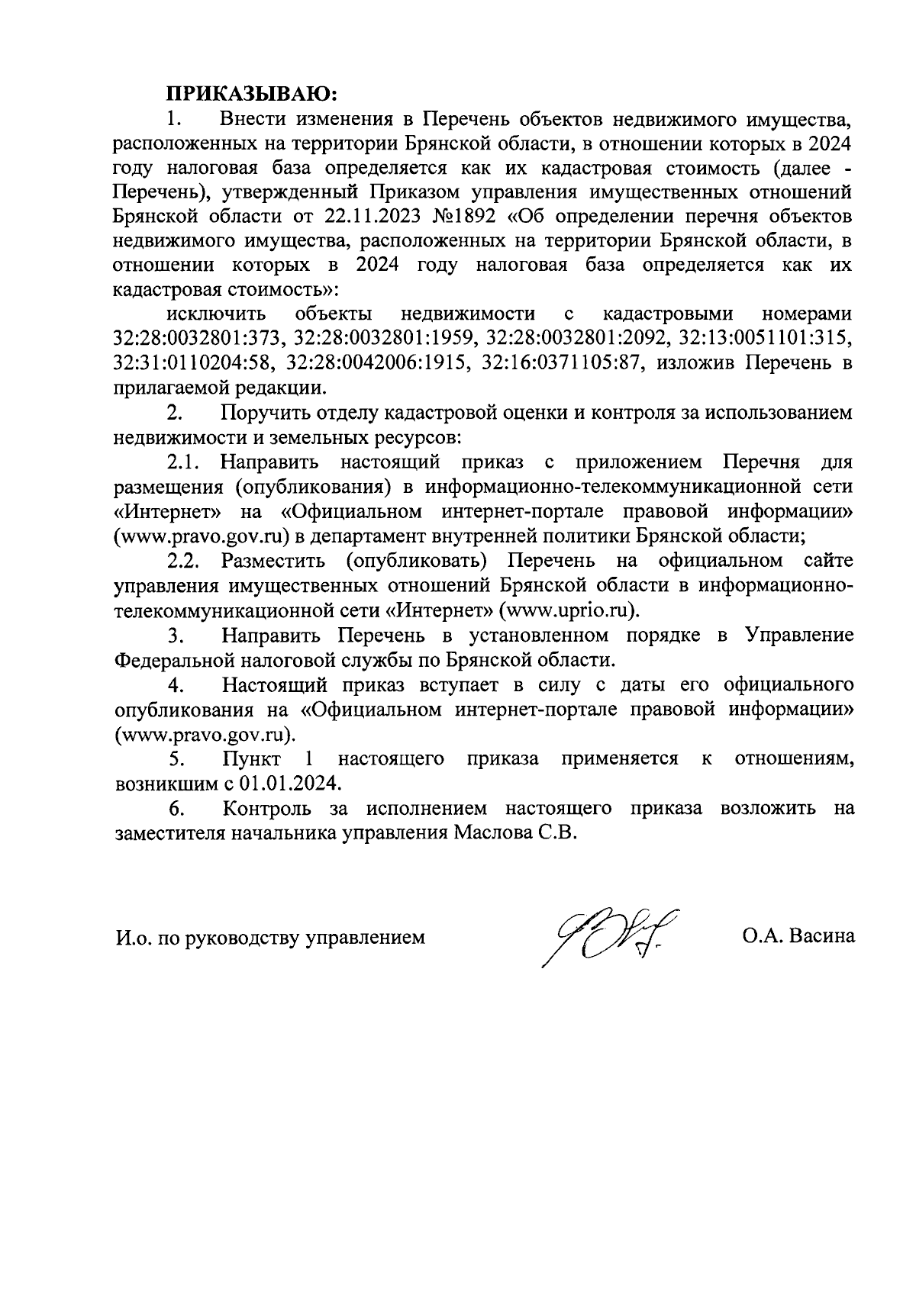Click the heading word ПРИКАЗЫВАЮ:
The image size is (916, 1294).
pyautogui.click(x=252, y=94)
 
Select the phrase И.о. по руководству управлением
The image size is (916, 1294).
pyautogui.click(x=269, y=937)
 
